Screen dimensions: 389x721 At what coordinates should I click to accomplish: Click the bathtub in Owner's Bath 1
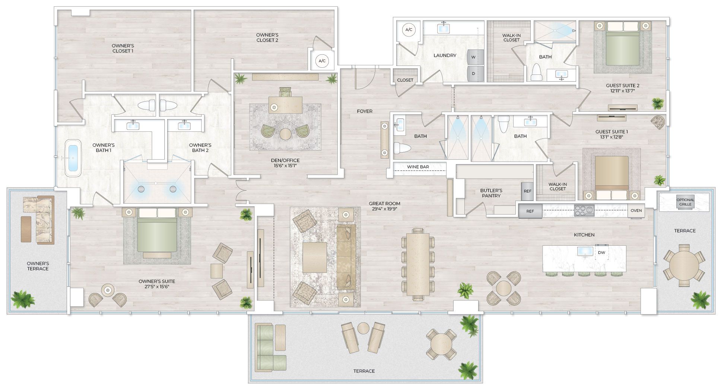[73, 158]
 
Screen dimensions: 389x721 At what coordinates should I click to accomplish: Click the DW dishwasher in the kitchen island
[601, 252]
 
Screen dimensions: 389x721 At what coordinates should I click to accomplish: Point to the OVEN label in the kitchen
[636, 211]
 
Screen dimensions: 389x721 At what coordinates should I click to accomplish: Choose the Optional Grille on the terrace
[685, 202]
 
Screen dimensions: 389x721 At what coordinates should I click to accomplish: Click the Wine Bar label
[418, 167]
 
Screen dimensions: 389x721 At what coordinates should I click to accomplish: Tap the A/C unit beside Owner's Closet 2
[322, 61]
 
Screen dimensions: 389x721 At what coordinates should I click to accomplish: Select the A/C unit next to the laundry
[409, 30]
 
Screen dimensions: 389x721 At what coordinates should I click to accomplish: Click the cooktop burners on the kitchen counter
[584, 211]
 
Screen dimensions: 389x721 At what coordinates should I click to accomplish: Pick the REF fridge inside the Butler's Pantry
[527, 191]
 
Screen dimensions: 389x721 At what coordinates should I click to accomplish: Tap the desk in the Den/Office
[285, 105]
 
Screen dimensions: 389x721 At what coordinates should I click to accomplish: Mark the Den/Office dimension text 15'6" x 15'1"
[285, 166]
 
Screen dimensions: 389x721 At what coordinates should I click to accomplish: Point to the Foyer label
[365, 111]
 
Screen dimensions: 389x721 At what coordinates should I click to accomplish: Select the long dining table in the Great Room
[417, 264]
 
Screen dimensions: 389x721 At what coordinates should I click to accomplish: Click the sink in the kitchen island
[585, 252]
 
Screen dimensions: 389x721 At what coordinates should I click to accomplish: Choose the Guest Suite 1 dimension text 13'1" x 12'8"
[611, 137]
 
